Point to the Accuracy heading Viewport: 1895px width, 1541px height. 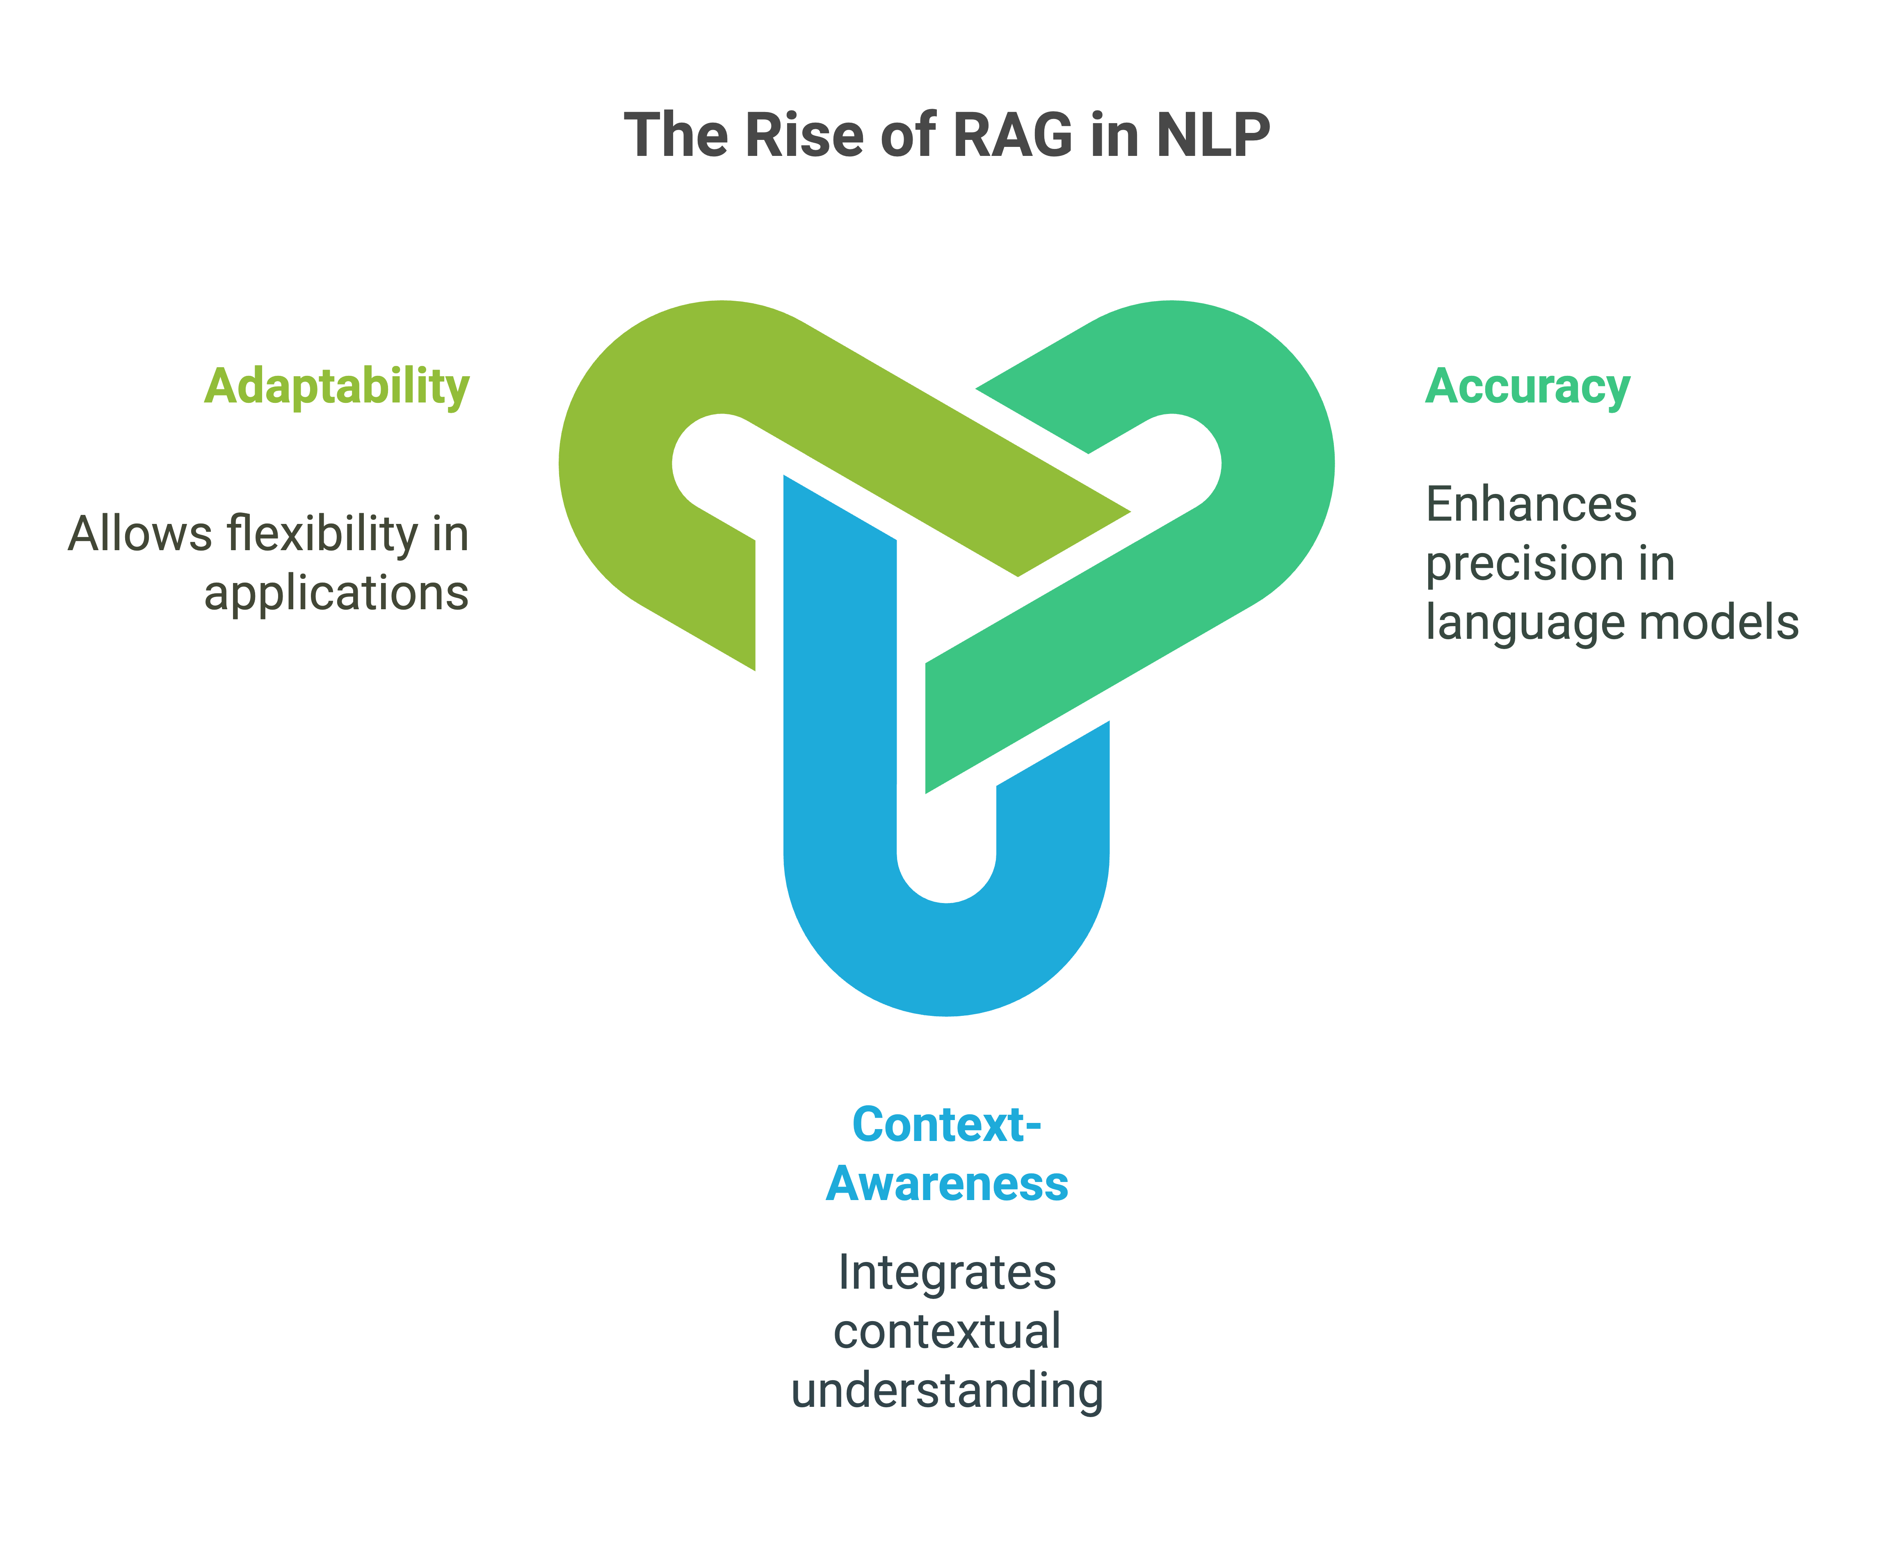pos(1527,387)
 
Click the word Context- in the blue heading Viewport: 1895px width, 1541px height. pos(946,1125)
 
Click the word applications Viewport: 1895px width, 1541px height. pos(336,593)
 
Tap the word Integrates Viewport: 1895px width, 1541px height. pos(946,1272)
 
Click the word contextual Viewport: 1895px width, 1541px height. pos(946,1331)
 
